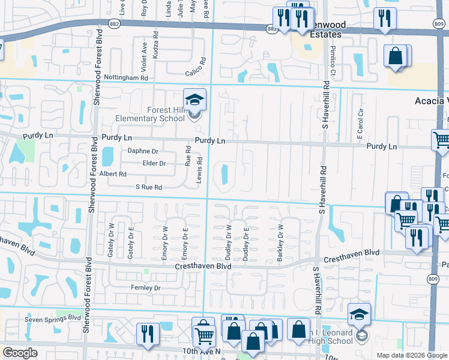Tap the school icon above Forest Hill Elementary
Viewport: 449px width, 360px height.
coord(194,99)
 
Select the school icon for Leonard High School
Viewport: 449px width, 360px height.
coord(359,314)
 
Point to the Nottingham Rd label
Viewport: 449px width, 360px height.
coord(125,78)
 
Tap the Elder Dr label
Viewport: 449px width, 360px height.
coord(154,163)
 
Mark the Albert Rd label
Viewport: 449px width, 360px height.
coord(113,174)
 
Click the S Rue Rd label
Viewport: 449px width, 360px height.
coord(149,187)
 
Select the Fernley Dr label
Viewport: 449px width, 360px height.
coord(146,288)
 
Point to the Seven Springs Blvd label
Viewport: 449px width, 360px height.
coord(52,319)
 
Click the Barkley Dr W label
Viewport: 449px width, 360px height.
coord(280,243)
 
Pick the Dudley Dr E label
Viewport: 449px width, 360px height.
coord(246,243)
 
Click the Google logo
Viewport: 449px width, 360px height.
coord(20,353)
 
